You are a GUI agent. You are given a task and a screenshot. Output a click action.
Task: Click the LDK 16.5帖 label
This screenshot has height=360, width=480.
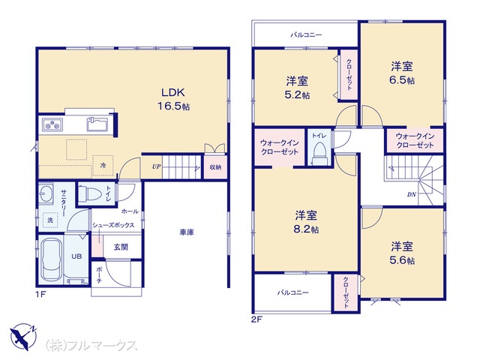tap(173, 99)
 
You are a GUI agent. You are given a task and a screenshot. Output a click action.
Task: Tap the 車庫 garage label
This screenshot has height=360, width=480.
tap(187, 232)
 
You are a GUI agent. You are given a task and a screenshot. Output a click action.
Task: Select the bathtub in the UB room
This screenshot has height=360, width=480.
tap(51, 259)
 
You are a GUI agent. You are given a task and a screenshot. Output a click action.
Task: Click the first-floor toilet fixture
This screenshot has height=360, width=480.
tap(89, 193)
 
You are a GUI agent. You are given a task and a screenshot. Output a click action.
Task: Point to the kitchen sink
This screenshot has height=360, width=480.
tap(98, 124)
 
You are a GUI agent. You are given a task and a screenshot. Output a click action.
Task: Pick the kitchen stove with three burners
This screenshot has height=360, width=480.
tap(52, 124)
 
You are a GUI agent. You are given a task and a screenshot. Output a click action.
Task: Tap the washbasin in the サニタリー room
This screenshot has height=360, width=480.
tap(46, 193)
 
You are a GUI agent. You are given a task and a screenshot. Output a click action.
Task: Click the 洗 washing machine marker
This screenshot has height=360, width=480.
tap(50, 220)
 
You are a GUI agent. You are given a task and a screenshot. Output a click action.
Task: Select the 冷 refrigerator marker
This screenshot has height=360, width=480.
tap(103, 166)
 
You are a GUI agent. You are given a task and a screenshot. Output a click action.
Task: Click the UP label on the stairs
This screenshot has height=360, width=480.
tap(156, 166)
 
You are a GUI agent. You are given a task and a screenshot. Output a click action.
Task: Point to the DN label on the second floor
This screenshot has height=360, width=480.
tap(411, 194)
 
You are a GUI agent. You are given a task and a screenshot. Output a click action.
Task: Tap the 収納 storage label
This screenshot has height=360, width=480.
tap(215, 167)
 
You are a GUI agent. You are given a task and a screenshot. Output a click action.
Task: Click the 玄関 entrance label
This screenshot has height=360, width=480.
tap(121, 247)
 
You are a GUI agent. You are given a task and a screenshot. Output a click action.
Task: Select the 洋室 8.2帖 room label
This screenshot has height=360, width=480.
tap(306, 222)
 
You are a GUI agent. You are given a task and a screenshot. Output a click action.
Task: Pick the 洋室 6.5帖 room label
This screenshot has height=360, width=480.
tap(402, 73)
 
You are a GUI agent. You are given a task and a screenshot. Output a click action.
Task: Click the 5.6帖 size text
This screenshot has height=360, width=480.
tap(402, 260)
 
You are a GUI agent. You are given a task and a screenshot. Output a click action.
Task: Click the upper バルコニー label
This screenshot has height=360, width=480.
tap(306, 35)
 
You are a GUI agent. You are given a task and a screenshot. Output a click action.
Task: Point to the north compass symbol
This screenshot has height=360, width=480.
tap(24, 336)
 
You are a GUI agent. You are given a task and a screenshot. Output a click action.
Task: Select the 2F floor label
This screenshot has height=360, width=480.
tap(256, 320)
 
